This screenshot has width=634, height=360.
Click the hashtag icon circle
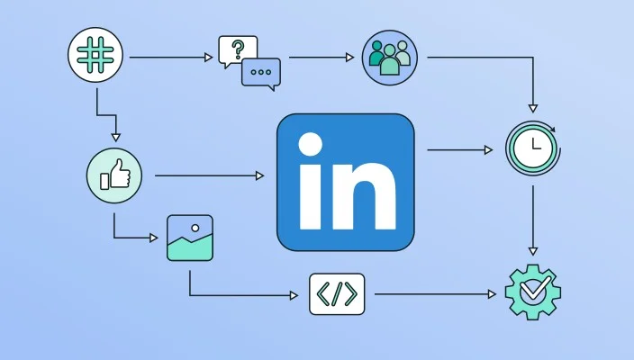coord(95,55)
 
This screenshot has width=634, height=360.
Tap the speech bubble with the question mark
coord(238,51)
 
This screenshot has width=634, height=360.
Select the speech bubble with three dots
coord(261,74)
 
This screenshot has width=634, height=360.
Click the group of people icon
coord(390,58)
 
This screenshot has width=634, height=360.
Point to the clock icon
coord(533,148)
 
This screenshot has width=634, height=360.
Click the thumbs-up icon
coord(114,175)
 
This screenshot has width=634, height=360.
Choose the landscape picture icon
coord(190,238)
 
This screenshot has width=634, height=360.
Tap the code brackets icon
coord(337,294)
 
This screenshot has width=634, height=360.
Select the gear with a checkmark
coord(533,292)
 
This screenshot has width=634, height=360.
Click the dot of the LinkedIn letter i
coord(311,144)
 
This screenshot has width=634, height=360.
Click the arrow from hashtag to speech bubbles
coord(171,58)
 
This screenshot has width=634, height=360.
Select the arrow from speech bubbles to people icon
coord(322,58)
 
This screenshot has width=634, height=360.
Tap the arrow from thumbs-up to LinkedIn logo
coord(210,175)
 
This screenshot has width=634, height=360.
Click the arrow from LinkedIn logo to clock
coord(459,150)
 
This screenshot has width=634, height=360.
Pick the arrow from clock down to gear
coord(533,220)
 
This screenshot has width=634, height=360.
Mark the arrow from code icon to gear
coord(436,294)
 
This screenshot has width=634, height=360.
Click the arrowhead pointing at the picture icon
coord(154,238)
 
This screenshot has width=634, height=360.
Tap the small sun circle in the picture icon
coord(195,228)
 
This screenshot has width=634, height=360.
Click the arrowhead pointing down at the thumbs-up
coord(116,138)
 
